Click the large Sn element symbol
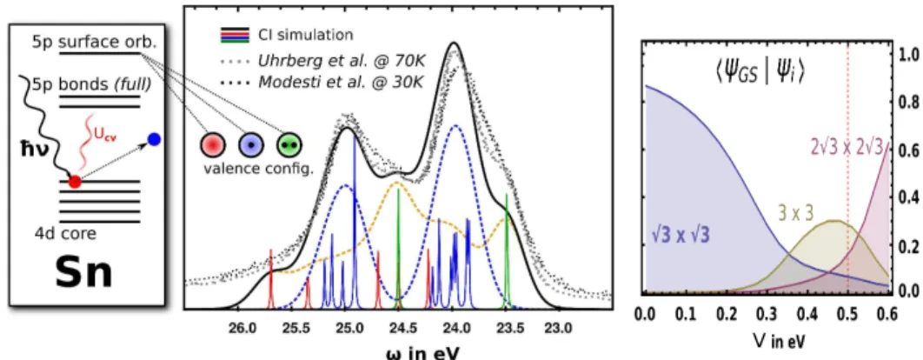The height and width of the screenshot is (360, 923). (x=83, y=275)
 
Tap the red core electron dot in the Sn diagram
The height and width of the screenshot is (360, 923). (x=74, y=182)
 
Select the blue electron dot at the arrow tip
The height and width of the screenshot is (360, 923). (x=154, y=140)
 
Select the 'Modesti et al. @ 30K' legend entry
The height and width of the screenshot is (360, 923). (x=321, y=81)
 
